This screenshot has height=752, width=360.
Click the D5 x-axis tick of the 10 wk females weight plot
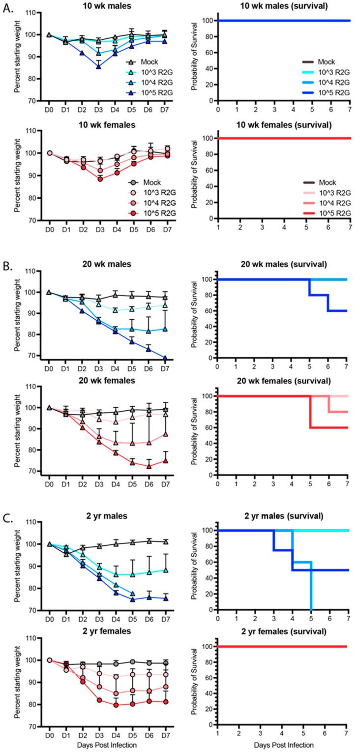(133, 230)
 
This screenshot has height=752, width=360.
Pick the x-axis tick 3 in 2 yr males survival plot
(274, 618)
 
